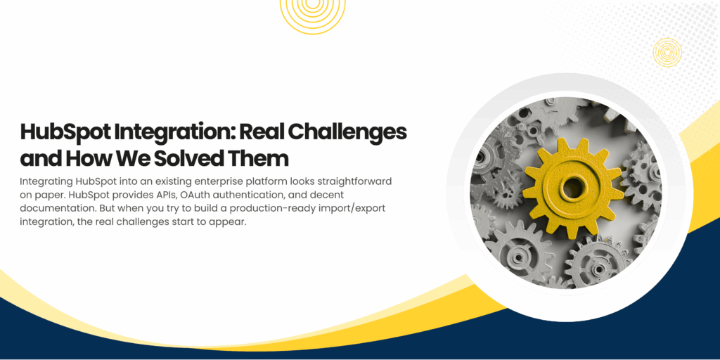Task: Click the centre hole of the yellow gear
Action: (573, 188)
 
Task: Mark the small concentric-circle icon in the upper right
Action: (667, 51)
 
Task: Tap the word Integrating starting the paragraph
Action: (48, 181)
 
